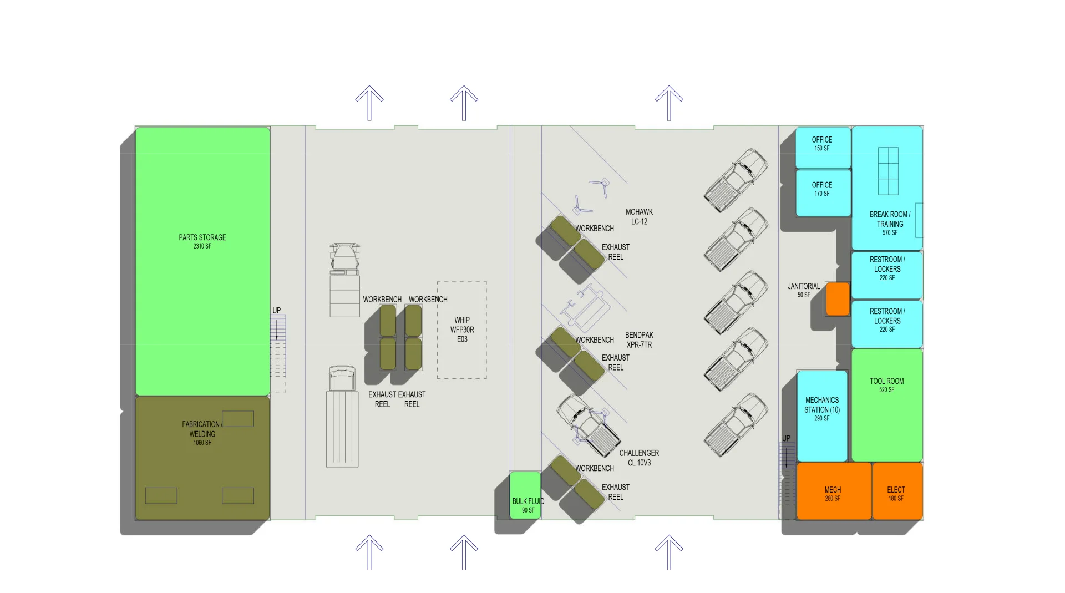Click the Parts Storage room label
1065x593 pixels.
pyautogui.click(x=202, y=237)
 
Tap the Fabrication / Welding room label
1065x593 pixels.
pyautogui.click(x=202, y=429)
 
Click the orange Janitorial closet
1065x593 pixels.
pyautogui.click(x=838, y=299)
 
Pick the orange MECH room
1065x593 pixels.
pyautogui.click(x=833, y=491)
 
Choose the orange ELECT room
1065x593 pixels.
pyautogui.click(x=896, y=491)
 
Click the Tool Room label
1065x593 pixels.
pyautogui.click(x=886, y=381)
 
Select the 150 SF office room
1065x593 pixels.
pyautogui.click(x=822, y=147)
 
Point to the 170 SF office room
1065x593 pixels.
pyautogui.click(x=822, y=192)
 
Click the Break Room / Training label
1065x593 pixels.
pyautogui.click(x=890, y=219)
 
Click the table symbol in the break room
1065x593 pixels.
pyautogui.click(x=888, y=171)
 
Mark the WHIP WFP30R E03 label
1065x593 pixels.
pyautogui.click(x=462, y=330)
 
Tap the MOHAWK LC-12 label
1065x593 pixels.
pyautogui.click(x=639, y=216)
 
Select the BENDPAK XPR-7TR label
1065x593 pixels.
pyautogui.click(x=639, y=339)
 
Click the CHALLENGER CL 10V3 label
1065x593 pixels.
pyautogui.click(x=639, y=458)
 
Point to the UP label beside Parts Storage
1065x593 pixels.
pyautogui.click(x=277, y=311)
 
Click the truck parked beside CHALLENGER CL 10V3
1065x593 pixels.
pyautogui.click(x=589, y=425)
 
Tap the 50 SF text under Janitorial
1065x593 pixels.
pyautogui.click(x=804, y=295)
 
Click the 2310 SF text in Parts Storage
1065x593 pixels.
pyautogui.click(x=202, y=246)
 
